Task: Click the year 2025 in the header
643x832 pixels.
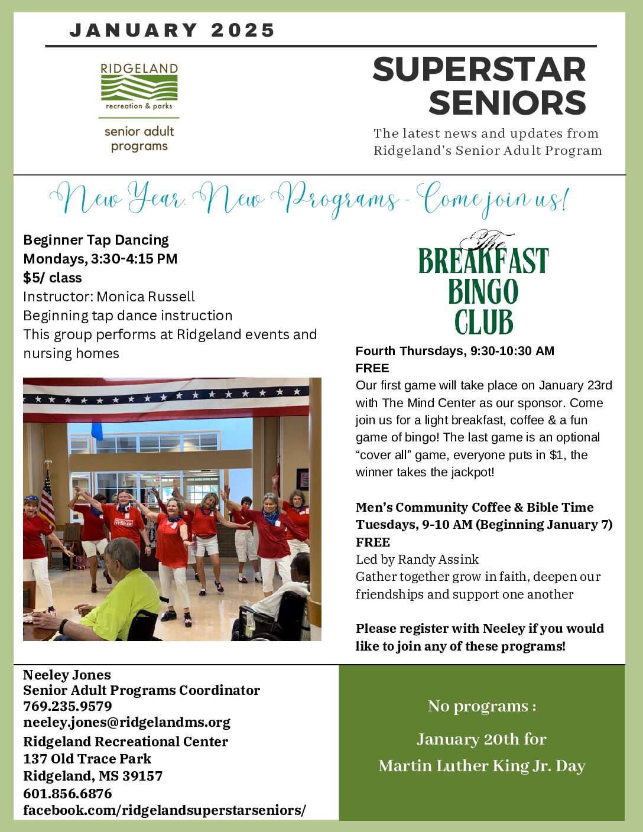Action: (243, 30)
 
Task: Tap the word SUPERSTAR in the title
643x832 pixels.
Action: (479, 70)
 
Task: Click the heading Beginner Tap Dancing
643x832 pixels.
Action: (96, 240)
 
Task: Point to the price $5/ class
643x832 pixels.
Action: (53, 278)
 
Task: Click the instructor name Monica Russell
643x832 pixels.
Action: (145, 297)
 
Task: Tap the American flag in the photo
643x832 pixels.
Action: (47, 496)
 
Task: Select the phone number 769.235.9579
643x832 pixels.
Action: (67, 706)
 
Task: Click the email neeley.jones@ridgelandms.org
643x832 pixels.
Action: (126, 722)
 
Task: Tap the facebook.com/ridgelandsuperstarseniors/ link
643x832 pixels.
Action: (164, 810)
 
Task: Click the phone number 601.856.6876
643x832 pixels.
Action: (67, 794)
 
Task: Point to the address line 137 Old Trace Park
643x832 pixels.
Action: (87, 759)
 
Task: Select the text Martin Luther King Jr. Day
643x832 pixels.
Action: (482, 766)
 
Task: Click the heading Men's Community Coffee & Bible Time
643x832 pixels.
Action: (474, 507)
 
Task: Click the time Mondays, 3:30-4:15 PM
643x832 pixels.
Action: (100, 259)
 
